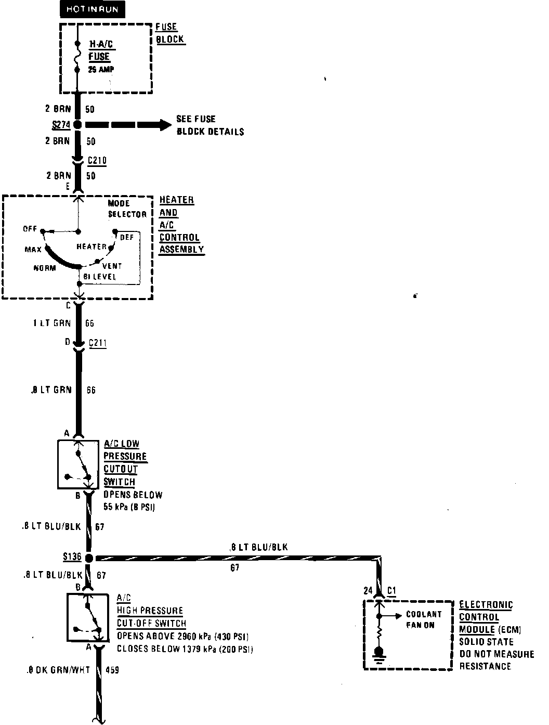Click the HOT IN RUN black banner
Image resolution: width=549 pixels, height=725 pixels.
[92, 9]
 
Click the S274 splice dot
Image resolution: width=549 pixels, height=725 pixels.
[77, 125]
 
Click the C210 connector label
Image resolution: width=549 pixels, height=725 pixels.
[97, 160]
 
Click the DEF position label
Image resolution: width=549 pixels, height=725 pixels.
[127, 237]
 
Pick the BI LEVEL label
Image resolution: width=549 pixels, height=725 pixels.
[99, 277]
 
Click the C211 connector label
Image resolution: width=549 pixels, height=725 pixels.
[98, 343]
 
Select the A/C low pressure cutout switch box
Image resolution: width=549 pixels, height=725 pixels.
[77, 464]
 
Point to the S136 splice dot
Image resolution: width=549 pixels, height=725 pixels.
[89, 558]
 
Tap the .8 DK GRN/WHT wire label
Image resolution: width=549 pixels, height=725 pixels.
[58, 670]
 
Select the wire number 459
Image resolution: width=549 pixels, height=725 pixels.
[112, 670]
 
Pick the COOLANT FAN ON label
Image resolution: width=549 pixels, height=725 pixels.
[424, 619]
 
